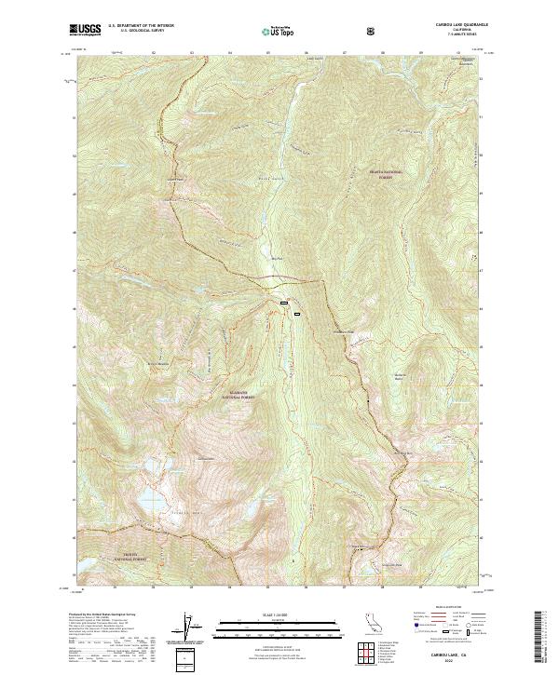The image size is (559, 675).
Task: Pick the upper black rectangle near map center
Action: (x=285, y=304)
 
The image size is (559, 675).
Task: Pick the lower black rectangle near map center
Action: (x=296, y=315)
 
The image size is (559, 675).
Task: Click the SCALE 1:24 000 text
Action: (x=266, y=615)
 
